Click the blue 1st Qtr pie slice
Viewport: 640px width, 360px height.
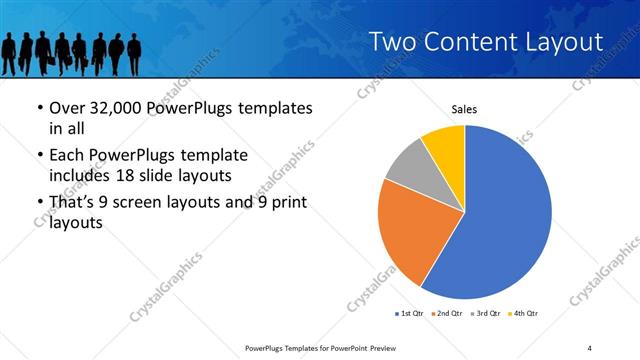505,215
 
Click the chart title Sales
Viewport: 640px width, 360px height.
464,110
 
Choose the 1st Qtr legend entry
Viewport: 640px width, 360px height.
410,314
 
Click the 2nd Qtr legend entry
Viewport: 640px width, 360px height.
447,314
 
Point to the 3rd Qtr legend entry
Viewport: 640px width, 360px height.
485,314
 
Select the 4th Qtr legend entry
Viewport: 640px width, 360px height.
523,314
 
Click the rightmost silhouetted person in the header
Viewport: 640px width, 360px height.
135,52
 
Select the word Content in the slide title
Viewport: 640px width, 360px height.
470,42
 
